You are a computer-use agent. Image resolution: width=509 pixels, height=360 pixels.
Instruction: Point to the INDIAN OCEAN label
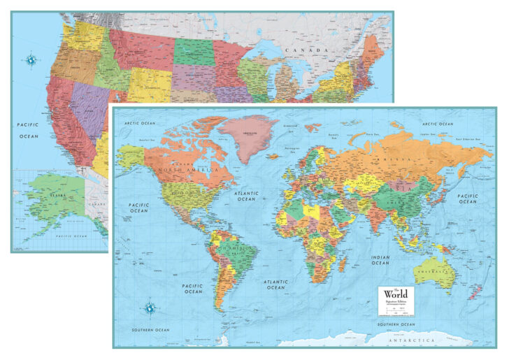point(380,260)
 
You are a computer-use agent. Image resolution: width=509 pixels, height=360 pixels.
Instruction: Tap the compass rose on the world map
point(150,306)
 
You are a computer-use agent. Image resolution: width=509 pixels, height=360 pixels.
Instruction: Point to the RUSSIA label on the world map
point(392,160)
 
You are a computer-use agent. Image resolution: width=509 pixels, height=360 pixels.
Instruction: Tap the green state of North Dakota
point(194,52)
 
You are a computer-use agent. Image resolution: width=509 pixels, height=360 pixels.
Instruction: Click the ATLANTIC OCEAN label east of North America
point(246,196)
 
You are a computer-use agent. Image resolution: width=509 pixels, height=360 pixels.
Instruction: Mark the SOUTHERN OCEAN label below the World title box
point(397,325)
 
